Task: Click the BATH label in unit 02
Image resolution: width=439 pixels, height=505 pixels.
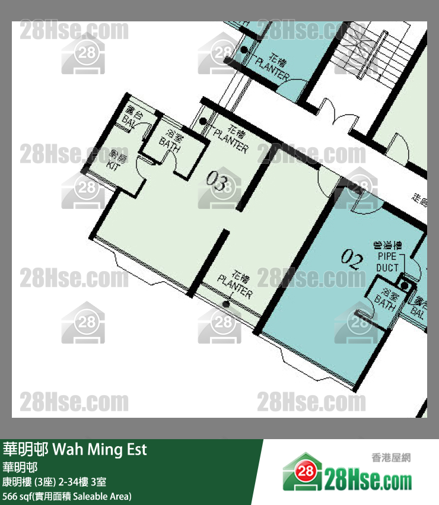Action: pos(386,299)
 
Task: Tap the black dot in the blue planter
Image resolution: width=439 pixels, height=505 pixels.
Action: pos(244,51)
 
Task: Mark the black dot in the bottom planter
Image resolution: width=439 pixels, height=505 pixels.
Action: pos(225,305)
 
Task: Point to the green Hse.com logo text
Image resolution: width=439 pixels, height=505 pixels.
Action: pos(368,479)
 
